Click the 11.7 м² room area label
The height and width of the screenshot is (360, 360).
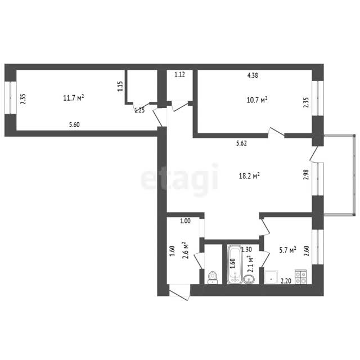[74, 98]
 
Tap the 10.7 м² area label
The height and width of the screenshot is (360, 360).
[257, 100]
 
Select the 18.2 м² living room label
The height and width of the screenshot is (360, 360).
[249, 176]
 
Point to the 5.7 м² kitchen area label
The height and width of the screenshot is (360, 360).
[287, 250]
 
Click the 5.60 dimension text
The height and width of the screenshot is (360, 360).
[74, 125]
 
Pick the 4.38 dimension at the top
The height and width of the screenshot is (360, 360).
[253, 75]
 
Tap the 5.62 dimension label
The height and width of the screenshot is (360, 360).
[241, 143]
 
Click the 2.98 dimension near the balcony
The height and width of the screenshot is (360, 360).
[306, 174]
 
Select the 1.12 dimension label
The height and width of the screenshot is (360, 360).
[179, 74]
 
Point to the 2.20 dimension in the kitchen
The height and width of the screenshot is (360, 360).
[286, 281]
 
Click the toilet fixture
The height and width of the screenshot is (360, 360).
[213, 277]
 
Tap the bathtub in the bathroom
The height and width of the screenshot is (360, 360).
[235, 264]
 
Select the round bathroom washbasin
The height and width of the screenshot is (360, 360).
[249, 280]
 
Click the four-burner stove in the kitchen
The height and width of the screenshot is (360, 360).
[300, 277]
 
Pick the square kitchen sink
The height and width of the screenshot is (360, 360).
[271, 277]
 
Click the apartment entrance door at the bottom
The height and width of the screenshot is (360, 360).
[179, 292]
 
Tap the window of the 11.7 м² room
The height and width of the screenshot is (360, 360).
[11, 97]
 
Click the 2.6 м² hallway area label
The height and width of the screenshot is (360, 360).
[185, 250]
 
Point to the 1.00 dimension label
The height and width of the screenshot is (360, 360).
[185, 221]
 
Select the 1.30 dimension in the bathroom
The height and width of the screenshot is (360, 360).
[246, 249]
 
